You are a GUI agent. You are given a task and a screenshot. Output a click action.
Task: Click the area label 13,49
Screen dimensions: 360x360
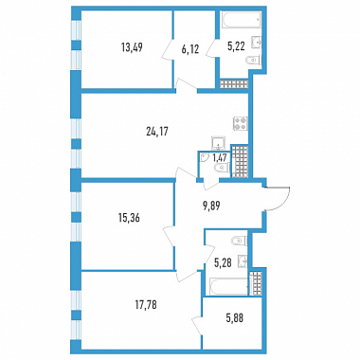click(x=132, y=47)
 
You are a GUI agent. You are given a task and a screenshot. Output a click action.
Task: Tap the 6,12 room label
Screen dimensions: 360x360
click(x=190, y=49)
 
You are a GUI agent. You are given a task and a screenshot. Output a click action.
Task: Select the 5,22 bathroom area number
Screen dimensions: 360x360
click(x=236, y=47)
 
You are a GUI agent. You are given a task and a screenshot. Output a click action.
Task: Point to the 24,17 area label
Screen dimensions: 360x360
click(x=157, y=132)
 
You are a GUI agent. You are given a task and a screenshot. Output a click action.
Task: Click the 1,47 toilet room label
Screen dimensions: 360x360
click(x=219, y=157)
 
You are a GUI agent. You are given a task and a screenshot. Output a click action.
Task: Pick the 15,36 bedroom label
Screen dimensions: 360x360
click(x=129, y=218)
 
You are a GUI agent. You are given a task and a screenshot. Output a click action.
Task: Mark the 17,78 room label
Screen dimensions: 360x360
click(x=146, y=305)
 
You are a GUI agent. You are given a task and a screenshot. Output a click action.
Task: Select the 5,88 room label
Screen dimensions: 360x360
click(x=235, y=318)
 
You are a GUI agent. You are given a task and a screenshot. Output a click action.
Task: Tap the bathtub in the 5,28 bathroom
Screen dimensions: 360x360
click(x=228, y=287)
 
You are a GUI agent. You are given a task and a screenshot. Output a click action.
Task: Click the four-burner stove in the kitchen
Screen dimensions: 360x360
click(x=241, y=123)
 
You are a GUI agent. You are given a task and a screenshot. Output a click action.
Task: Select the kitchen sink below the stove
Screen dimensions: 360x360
click(x=219, y=143)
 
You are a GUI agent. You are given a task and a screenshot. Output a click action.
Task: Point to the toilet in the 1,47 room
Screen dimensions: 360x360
click(x=222, y=169)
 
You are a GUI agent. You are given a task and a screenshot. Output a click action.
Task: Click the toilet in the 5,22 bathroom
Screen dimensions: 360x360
click(x=254, y=60)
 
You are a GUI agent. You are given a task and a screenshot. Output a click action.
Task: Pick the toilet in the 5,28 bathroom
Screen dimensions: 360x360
click(x=240, y=241)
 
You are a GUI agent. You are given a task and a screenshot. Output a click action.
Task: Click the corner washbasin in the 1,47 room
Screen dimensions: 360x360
click(x=204, y=157)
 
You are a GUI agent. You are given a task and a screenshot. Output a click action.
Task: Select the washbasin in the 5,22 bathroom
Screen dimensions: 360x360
click(x=257, y=43)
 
